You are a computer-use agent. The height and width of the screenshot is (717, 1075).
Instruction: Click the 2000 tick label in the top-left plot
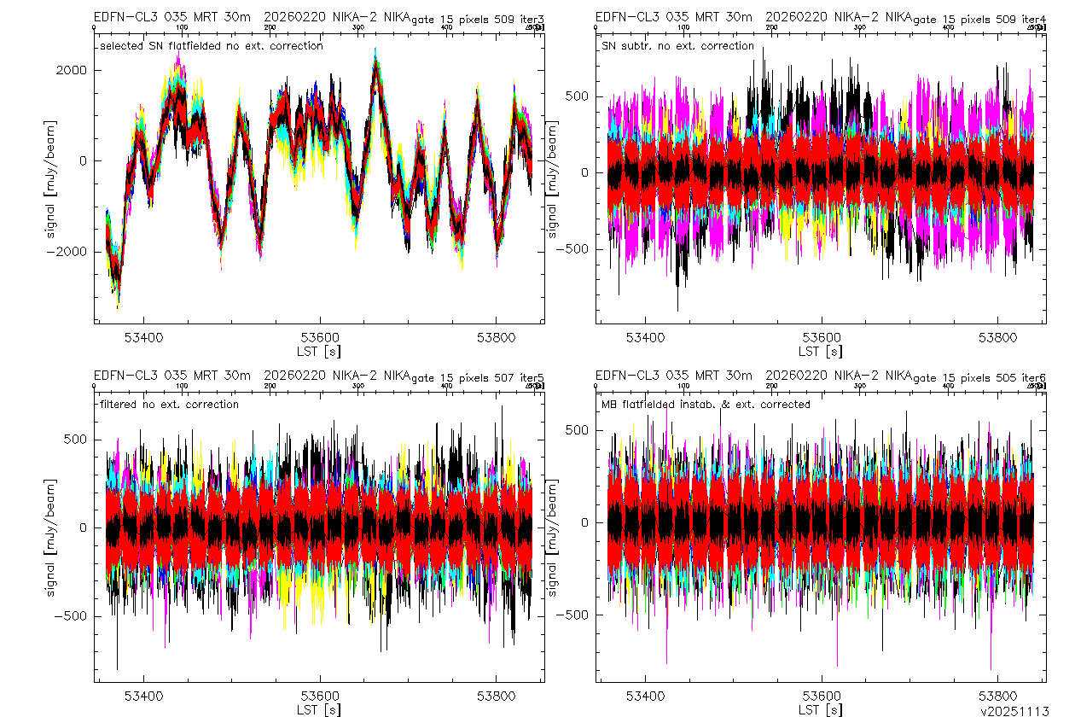coord(73,70)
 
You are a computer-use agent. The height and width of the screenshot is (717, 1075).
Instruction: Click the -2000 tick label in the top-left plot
coord(70,252)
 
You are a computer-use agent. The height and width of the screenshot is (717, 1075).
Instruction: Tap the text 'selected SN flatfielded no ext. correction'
coord(211,46)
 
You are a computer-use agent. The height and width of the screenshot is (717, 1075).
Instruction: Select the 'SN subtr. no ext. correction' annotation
coord(677,46)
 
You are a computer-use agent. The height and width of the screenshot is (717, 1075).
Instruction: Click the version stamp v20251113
coord(1014,710)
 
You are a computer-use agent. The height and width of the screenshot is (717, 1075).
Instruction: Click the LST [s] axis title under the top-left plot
coord(318,351)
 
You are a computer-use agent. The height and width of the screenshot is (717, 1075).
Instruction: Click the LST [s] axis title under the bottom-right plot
coord(820,709)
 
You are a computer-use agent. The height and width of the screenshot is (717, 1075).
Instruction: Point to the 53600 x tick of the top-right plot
coord(821,337)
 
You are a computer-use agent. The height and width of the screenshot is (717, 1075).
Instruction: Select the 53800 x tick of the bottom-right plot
coord(997,696)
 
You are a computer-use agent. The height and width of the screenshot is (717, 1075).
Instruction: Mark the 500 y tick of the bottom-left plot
coord(76,439)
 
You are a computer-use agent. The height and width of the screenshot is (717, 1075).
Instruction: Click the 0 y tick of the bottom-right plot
coord(584,522)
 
